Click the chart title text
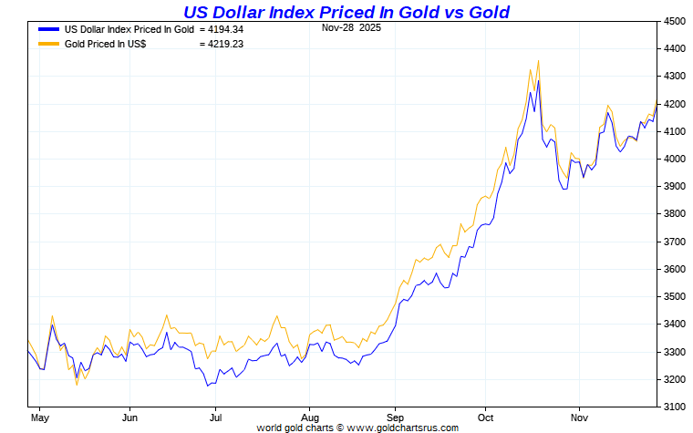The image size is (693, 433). click(x=346, y=12)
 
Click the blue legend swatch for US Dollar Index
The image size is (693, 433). click(x=48, y=29)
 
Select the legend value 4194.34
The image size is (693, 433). click(x=221, y=29)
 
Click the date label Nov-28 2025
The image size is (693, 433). click(x=352, y=27)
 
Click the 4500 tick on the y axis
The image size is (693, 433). click(x=674, y=21)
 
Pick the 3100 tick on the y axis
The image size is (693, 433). click(x=674, y=407)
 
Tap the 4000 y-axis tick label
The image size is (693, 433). click(x=674, y=159)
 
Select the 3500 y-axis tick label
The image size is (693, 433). click(x=674, y=296)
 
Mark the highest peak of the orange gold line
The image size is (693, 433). click(x=538, y=61)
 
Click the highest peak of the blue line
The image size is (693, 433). click(x=538, y=81)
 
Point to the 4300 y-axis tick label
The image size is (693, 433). click(x=674, y=76)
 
